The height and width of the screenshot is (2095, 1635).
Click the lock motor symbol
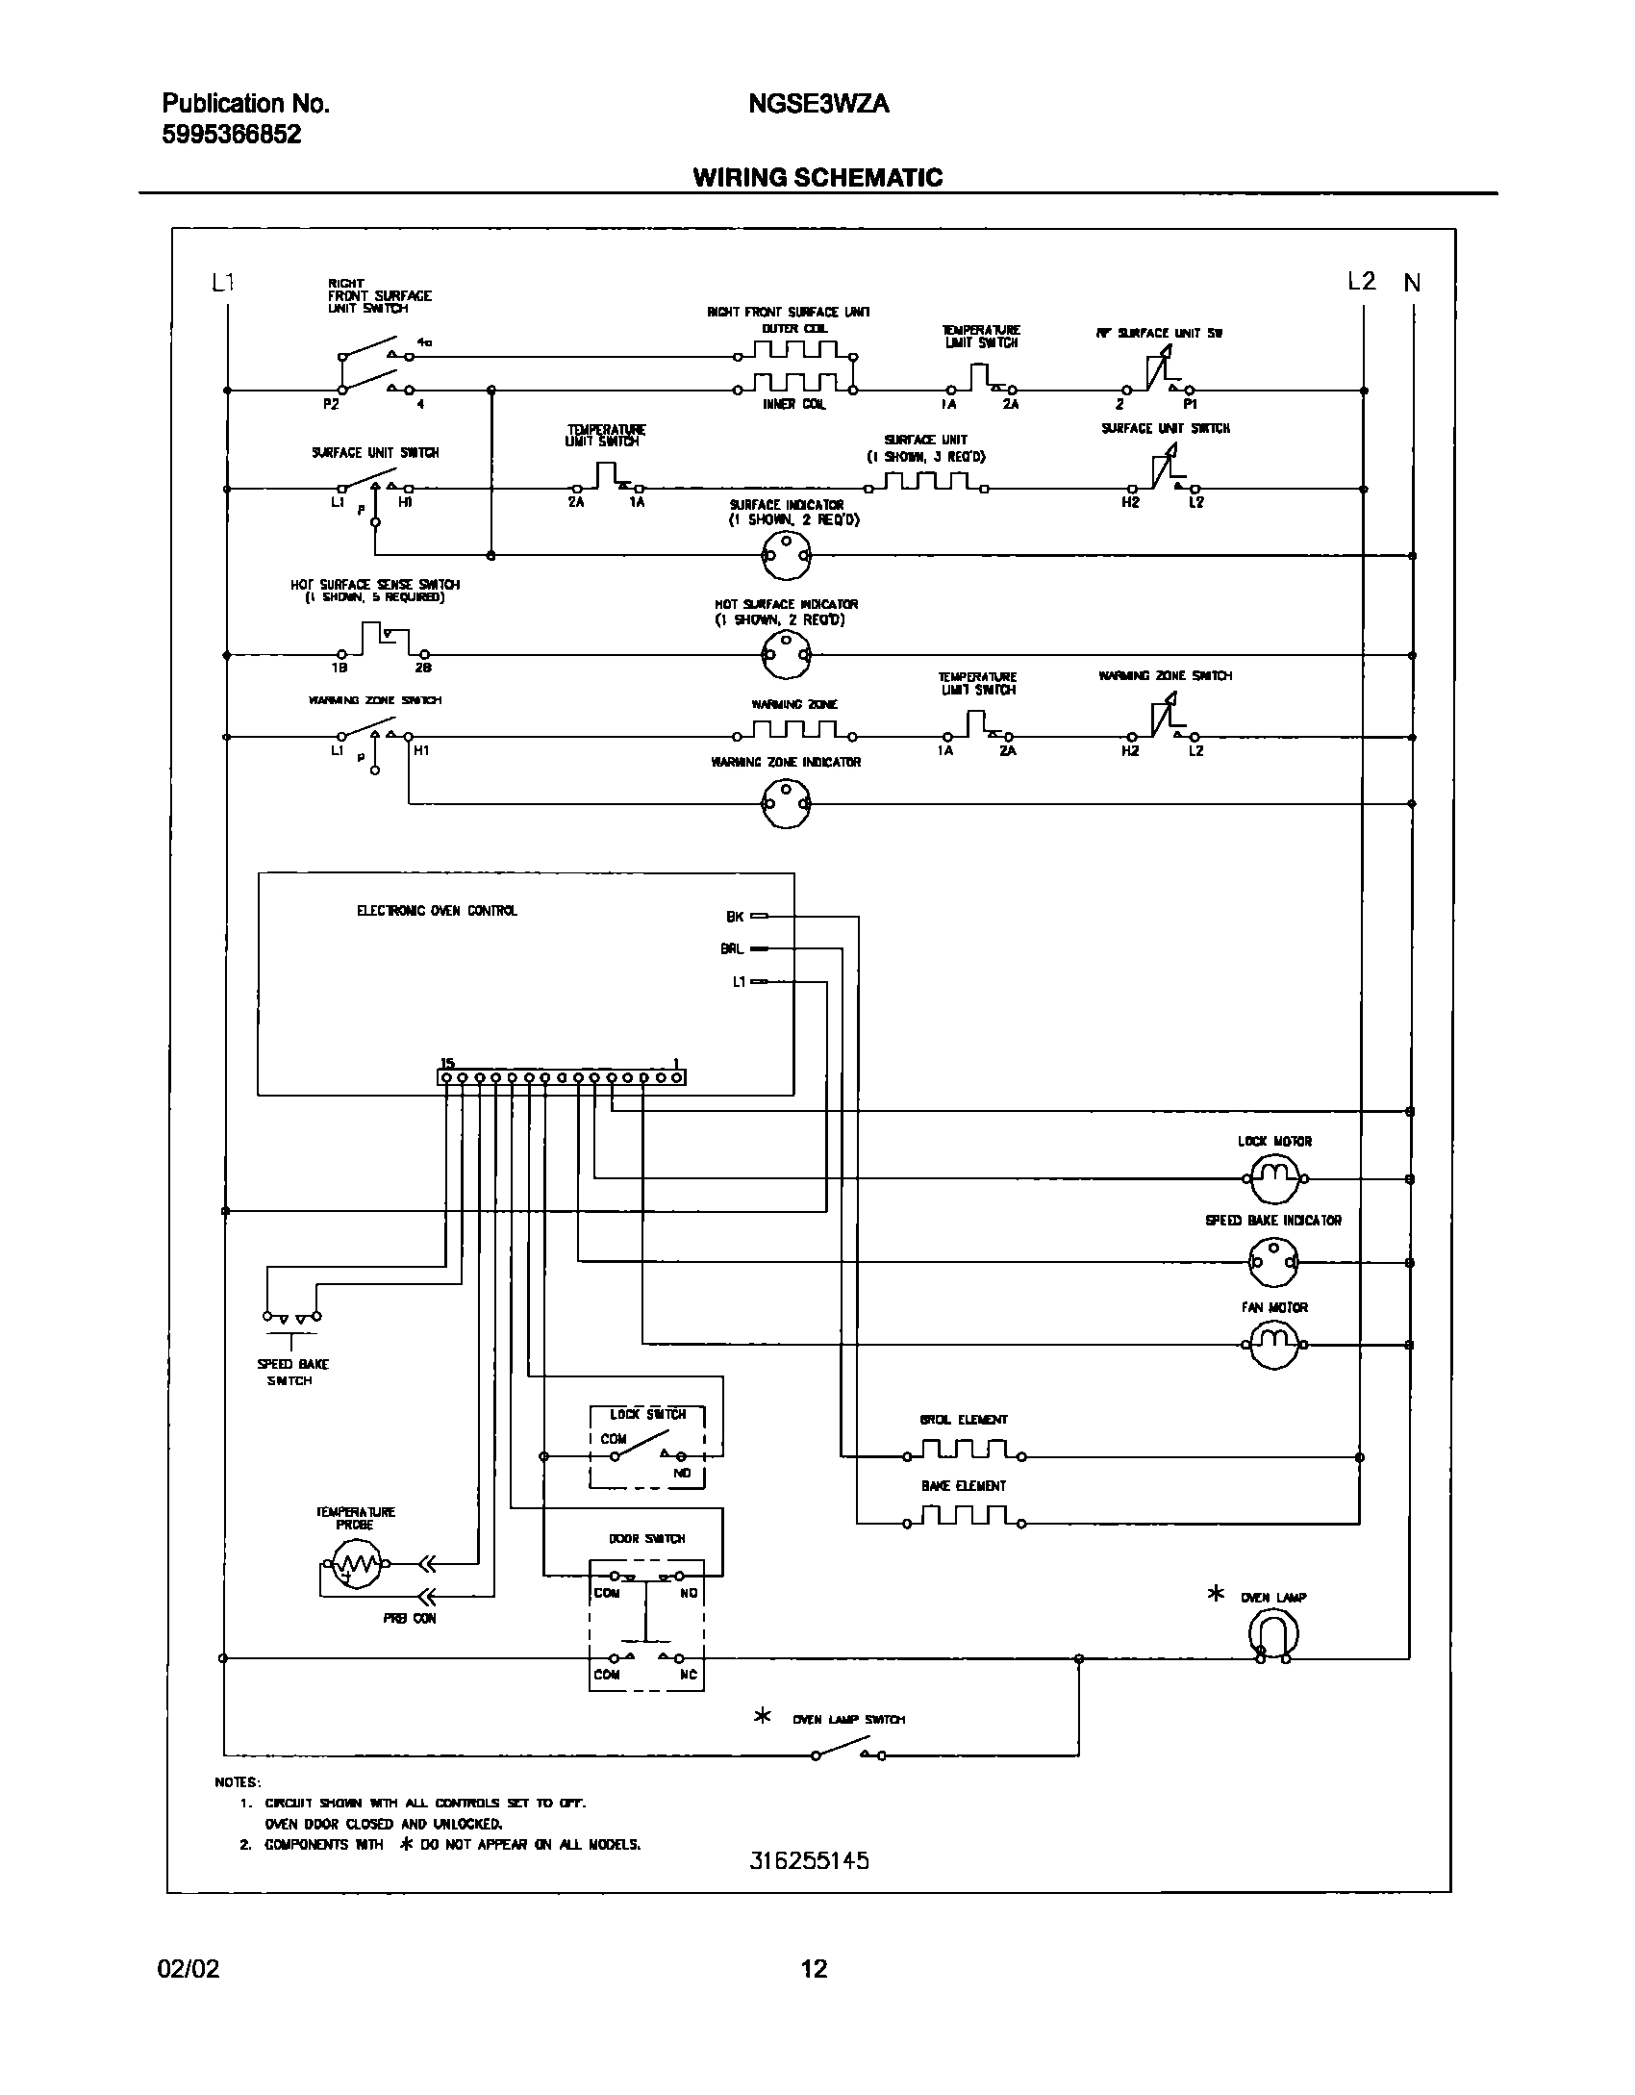click(x=1274, y=1177)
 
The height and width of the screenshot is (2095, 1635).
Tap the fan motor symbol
click(x=1274, y=1344)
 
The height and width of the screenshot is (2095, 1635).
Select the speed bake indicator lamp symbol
click(x=1272, y=1262)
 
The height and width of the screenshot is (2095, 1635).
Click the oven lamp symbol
click(x=1273, y=1633)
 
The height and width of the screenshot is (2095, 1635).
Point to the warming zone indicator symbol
click(x=786, y=801)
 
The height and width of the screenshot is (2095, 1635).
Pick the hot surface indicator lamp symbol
click(x=786, y=655)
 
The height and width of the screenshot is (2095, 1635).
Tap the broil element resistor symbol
click(x=962, y=1450)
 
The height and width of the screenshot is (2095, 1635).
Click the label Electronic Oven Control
click(x=437, y=910)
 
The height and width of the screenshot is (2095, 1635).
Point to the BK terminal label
click(x=735, y=917)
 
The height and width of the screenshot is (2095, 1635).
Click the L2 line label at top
click(x=1361, y=281)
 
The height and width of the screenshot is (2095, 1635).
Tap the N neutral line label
click(x=1411, y=283)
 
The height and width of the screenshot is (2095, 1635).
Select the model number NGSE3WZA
click(x=817, y=104)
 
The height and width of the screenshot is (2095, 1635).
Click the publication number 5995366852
click(x=232, y=135)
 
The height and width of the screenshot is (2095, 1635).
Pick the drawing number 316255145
click(x=809, y=1860)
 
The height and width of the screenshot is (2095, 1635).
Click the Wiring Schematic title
click(x=817, y=177)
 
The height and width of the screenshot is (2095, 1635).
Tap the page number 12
click(x=814, y=1969)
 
